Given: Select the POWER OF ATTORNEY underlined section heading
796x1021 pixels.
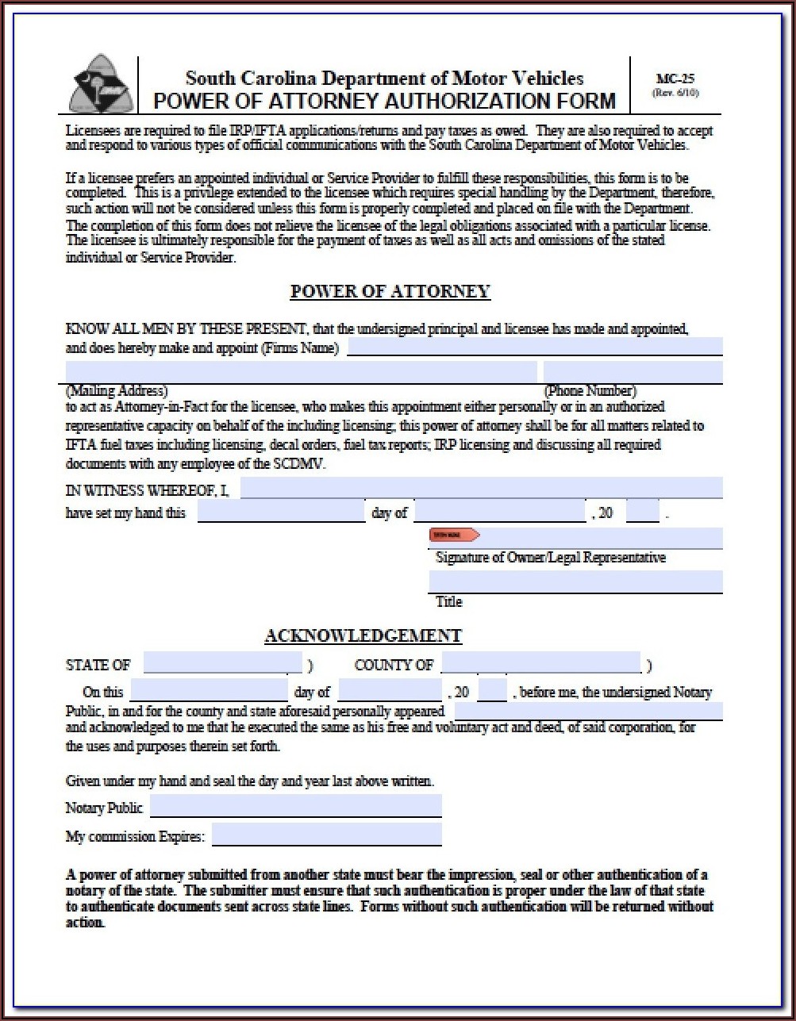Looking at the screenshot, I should [x=390, y=292].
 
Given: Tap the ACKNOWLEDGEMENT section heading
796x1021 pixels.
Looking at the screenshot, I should [x=363, y=636].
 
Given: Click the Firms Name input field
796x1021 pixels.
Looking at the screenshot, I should [x=534, y=347].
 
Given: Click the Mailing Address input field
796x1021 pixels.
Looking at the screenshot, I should [x=301, y=372].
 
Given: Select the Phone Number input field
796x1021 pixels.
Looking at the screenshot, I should [x=633, y=372].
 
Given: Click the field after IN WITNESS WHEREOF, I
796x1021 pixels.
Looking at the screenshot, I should [x=481, y=488].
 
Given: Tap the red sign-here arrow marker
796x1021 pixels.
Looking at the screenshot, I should [x=454, y=535].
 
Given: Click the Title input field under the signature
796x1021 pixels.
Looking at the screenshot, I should [x=575, y=582].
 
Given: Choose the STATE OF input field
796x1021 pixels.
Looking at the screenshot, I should [x=222, y=664].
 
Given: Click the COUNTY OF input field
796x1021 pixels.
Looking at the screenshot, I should [x=540, y=663].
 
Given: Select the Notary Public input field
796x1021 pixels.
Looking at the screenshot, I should [x=295, y=807].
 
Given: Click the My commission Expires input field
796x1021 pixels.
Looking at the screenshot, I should [x=326, y=835].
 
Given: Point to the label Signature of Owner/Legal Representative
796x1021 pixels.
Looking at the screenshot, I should [x=550, y=558].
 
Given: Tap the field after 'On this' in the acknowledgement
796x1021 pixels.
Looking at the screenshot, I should [x=209, y=690].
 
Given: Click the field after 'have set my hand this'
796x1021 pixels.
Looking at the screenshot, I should [x=280, y=512].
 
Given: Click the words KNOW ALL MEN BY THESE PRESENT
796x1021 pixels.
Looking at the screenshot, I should [x=185, y=329].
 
